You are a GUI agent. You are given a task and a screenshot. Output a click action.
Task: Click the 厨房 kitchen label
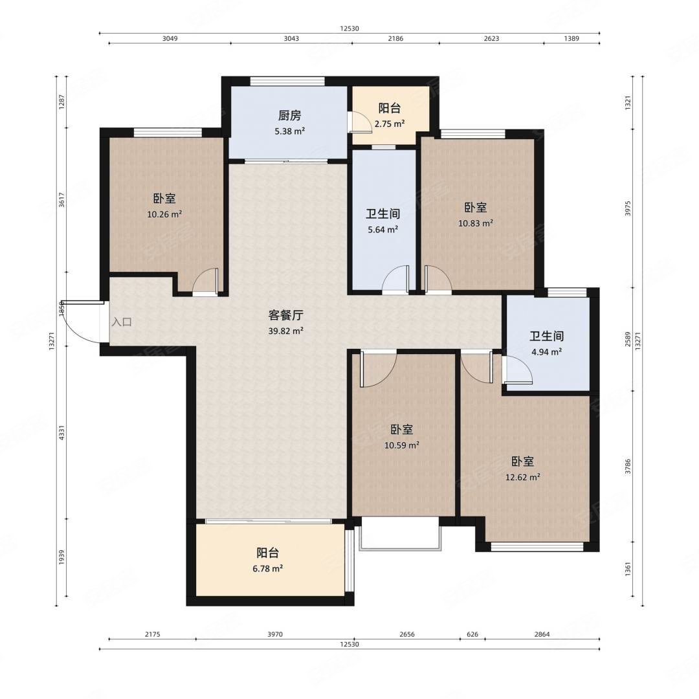click(290, 116)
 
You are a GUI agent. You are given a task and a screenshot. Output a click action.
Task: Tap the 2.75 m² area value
click(390, 124)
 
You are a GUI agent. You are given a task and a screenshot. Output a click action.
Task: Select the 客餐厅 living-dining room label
click(286, 315)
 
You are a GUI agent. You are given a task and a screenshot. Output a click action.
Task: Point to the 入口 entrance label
click(122, 322)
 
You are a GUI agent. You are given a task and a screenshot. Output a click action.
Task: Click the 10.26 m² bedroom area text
click(164, 214)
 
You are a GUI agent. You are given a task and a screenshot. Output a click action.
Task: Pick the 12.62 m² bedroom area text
click(523, 478)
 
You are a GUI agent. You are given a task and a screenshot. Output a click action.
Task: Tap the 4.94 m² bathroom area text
click(546, 351)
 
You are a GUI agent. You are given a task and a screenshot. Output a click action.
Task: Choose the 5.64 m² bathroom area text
click(383, 230)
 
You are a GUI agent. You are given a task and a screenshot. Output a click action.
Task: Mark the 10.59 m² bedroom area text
click(402, 445)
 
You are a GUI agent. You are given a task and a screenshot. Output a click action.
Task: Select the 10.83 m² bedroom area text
click(476, 223)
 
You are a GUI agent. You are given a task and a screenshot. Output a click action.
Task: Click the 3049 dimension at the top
click(170, 38)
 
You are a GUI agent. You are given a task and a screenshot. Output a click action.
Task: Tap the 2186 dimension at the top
click(395, 38)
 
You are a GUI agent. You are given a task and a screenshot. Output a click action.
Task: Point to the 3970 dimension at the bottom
click(275, 634)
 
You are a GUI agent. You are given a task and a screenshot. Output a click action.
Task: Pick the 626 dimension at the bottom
click(472, 634)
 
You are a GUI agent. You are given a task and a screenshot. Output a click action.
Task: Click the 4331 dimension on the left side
click(62, 433)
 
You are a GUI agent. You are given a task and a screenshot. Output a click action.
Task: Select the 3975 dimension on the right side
click(628, 208)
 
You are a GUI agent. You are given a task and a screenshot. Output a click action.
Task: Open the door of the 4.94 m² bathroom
click(517, 369)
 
